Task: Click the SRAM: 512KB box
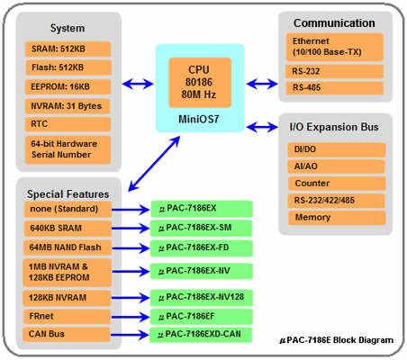tap(68, 49)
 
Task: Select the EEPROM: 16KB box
tap(68, 87)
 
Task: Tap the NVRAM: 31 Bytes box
tap(68, 106)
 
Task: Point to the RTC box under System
tap(68, 124)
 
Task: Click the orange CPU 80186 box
tap(200, 83)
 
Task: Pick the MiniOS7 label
tap(199, 120)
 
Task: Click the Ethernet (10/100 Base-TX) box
tap(335, 47)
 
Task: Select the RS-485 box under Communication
tap(335, 88)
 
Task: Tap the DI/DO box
tap(337, 149)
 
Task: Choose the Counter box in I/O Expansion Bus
tap(337, 184)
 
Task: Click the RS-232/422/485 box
tap(337, 201)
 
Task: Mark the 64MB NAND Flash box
tap(68, 247)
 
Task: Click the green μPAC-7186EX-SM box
tap(201, 229)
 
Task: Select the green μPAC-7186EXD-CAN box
tap(201, 335)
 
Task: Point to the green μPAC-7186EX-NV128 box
tap(202, 298)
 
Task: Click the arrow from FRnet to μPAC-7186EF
tap(131, 317)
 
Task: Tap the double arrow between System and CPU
tap(138, 84)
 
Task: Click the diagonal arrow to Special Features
tap(154, 164)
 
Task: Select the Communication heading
tap(334, 23)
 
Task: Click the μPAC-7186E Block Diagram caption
tap(337, 340)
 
